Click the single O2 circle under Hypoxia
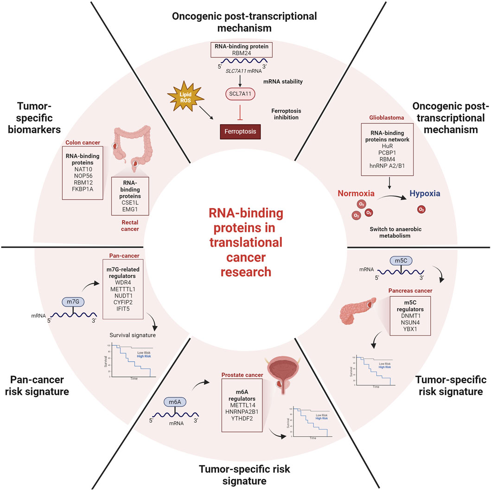tap(421, 210)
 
